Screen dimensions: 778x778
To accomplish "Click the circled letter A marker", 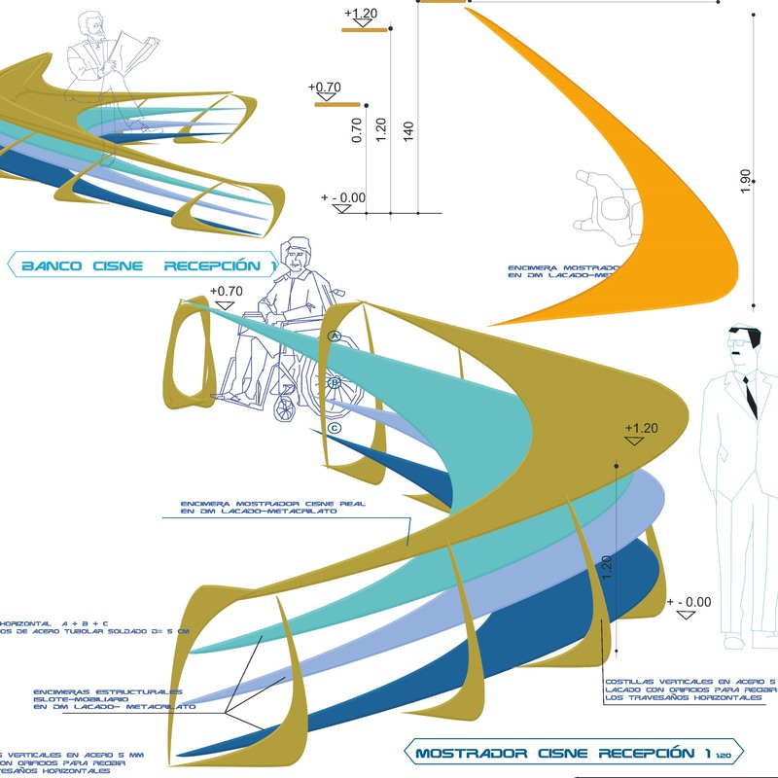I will pos(333,336).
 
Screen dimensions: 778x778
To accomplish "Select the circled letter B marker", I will pos(335,382).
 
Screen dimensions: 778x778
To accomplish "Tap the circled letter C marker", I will pos(335,428).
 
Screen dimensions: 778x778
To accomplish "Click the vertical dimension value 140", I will pos(408,130).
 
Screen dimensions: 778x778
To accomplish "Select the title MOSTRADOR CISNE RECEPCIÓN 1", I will pos(562,753).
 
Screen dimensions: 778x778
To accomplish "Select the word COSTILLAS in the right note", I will pos(632,682).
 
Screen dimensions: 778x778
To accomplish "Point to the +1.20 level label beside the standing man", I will pos(642,428).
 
